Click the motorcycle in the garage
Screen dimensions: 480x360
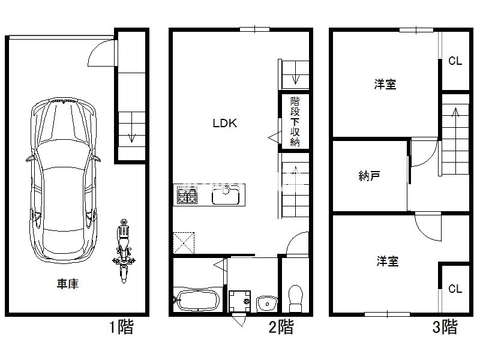pyautogui.click(x=124, y=251)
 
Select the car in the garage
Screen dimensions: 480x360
pyautogui.click(x=64, y=180)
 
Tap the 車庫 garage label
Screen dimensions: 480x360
pyautogui.click(x=68, y=284)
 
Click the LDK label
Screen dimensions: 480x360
pyautogui.click(x=224, y=123)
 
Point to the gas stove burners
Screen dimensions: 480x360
pyautogui.click(x=187, y=196)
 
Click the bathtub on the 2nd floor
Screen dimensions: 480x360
pyautogui.click(x=198, y=299)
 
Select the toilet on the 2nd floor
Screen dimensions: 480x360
pyautogui.click(x=296, y=298)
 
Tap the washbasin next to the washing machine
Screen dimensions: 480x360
pyautogui.click(x=266, y=303)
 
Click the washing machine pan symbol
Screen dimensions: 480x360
pyautogui.click(x=239, y=301)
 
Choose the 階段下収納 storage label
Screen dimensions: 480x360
pyautogui.click(x=295, y=122)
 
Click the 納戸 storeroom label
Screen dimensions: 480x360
pyautogui.click(x=370, y=176)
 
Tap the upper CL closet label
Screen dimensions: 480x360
pyautogui.click(x=455, y=61)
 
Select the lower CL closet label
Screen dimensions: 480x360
pyautogui.click(x=455, y=289)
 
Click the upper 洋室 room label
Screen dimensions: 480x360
pyautogui.click(x=385, y=84)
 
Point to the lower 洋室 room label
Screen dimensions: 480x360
pyautogui.click(x=388, y=261)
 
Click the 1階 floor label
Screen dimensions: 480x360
pyautogui.click(x=122, y=326)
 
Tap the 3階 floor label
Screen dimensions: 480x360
pyautogui.click(x=445, y=326)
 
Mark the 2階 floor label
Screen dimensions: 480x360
pyautogui.click(x=281, y=326)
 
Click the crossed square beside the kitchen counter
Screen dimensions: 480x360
pyautogui.click(x=184, y=243)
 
